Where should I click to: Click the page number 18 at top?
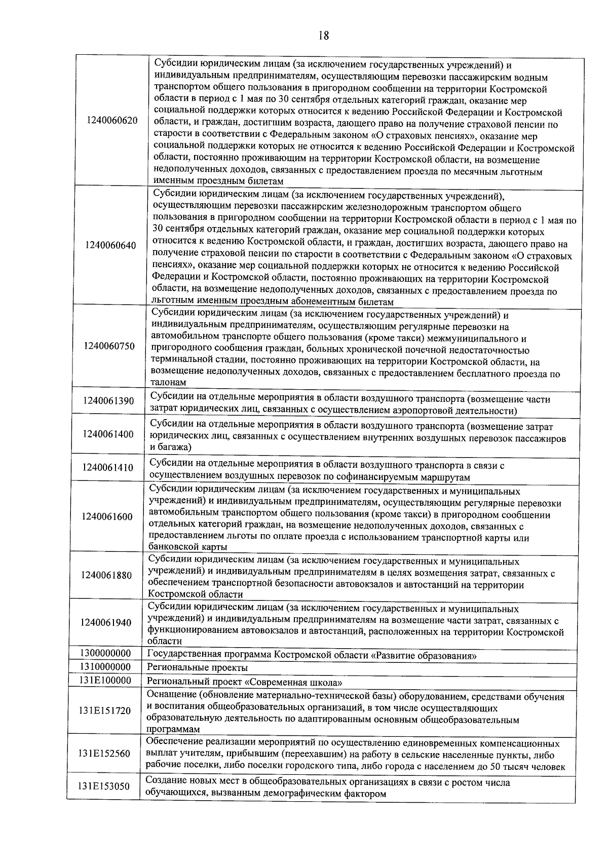click(324, 35)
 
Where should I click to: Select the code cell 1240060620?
click(112, 121)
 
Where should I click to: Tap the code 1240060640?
click(110, 245)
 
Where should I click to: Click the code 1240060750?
click(109, 346)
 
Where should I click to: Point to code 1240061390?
click(108, 401)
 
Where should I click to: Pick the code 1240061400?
click(108, 434)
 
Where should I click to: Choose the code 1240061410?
click(108, 467)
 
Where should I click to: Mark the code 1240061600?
click(107, 517)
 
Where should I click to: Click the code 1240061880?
click(106, 576)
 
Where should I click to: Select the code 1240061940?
click(106, 623)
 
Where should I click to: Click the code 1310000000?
click(105, 667)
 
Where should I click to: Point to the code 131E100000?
click(105, 680)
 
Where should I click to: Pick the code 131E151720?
click(104, 711)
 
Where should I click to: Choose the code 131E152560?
click(104, 754)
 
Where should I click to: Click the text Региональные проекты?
click(197, 668)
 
